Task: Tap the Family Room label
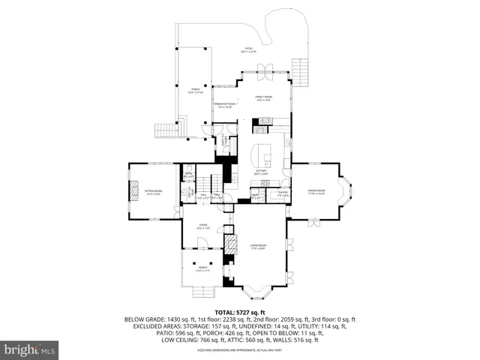(x=263, y=97)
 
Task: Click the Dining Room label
(x=316, y=192)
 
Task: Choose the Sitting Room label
(x=153, y=193)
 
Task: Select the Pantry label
(x=283, y=194)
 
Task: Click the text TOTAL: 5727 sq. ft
(x=239, y=311)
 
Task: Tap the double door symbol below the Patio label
(x=263, y=72)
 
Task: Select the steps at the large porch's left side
(x=180, y=127)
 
